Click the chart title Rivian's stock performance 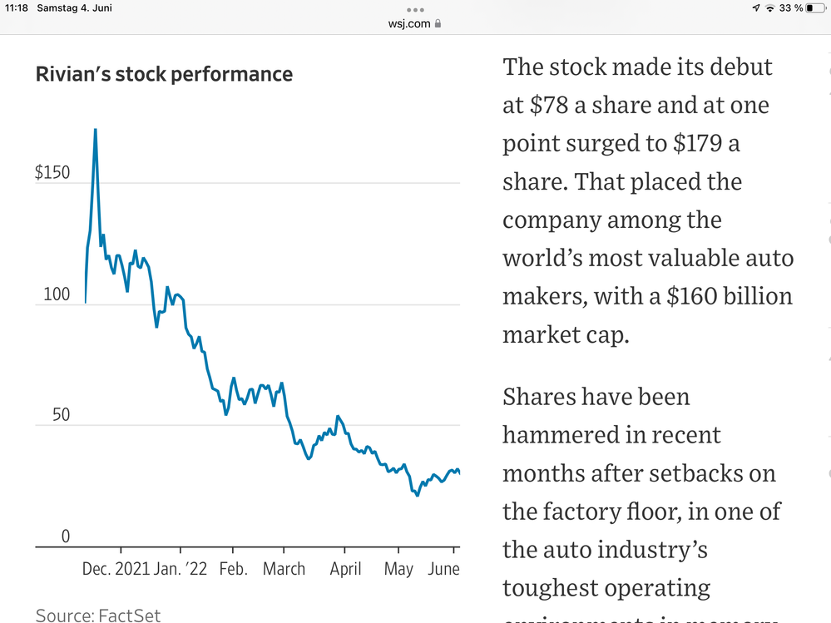coord(164,75)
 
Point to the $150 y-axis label coord(52,173)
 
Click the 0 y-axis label coord(66,536)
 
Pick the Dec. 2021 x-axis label coord(116,570)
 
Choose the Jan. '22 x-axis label coord(181,570)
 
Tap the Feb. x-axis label coord(234,570)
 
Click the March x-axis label coord(284,570)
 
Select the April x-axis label coord(345,570)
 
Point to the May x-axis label coord(398,570)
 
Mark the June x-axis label coord(443,570)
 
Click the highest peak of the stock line coord(95,130)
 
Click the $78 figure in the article coord(547,106)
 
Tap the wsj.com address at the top coord(409,23)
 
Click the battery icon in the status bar coord(814,7)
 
